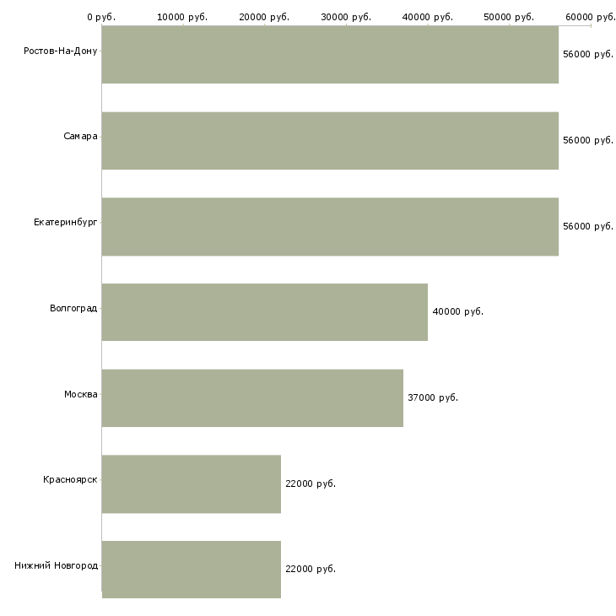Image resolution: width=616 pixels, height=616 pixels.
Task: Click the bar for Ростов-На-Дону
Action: click(x=330, y=55)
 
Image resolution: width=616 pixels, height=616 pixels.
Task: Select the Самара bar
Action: click(x=330, y=141)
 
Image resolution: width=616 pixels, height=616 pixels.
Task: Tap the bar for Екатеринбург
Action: click(x=330, y=227)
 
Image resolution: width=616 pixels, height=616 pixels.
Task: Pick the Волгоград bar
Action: click(x=265, y=312)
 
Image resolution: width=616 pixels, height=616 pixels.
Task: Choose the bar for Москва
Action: click(x=252, y=398)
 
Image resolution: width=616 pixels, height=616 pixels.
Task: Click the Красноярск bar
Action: click(x=192, y=484)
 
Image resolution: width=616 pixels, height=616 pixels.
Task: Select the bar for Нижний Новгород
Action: click(x=192, y=570)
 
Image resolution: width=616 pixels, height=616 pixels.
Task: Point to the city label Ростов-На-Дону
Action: click(x=61, y=51)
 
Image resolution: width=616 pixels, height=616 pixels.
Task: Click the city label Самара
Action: click(x=80, y=137)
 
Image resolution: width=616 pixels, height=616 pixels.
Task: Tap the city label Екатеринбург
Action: click(x=66, y=223)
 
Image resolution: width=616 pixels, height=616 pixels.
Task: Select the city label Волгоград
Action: click(x=73, y=308)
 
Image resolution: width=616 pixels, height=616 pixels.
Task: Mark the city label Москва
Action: click(x=81, y=394)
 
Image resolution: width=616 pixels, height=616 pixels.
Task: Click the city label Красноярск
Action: click(x=70, y=479)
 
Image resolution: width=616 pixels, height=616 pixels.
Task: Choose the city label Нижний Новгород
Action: click(x=57, y=565)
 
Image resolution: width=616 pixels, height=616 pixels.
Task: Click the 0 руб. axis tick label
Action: click(x=101, y=17)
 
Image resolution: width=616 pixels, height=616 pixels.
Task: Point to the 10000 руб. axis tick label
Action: click(x=182, y=17)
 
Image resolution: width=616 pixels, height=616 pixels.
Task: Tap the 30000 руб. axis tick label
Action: click(x=346, y=17)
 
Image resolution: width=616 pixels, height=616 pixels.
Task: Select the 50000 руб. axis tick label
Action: click(x=509, y=17)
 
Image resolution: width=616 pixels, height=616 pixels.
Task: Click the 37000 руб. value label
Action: click(x=433, y=398)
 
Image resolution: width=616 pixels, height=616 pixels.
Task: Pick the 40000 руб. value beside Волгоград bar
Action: click(x=458, y=312)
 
